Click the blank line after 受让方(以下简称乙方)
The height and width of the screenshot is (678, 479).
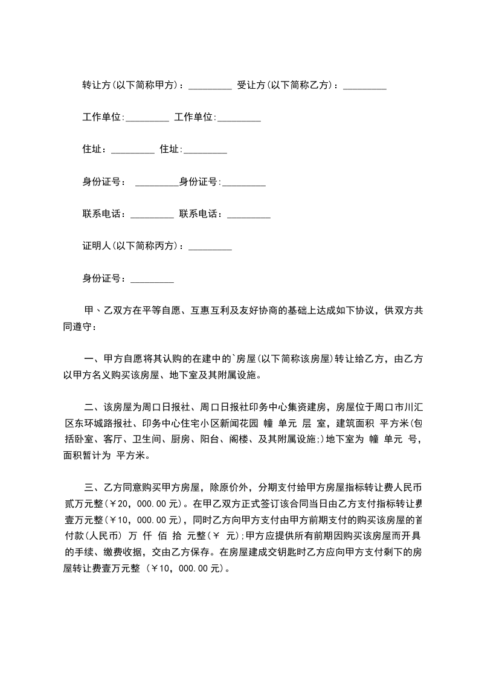(364, 88)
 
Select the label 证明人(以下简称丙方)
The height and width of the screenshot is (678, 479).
(132, 246)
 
